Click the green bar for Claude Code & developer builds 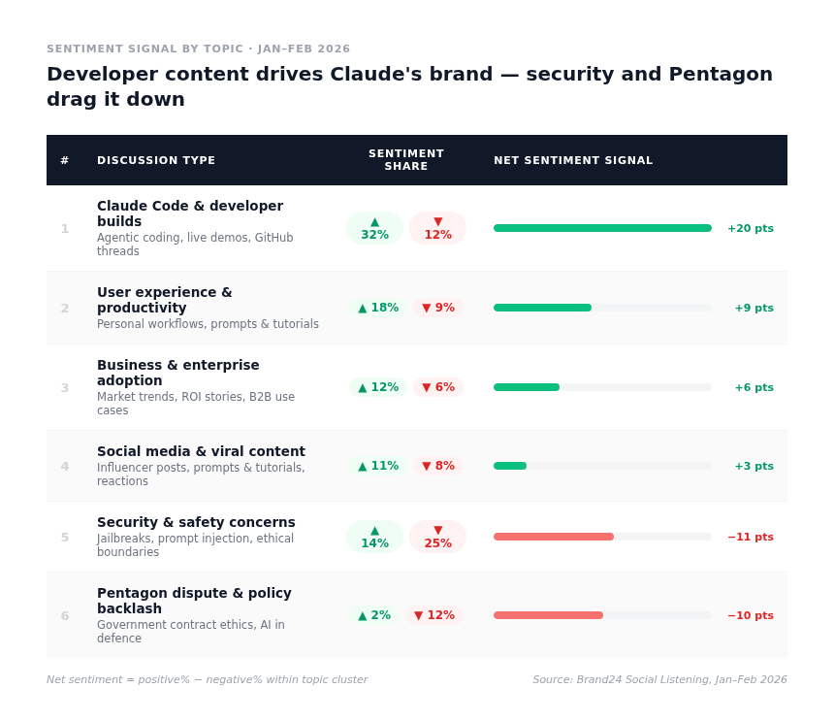(602, 228)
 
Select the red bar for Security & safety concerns (554, 537)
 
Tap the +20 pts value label (750, 229)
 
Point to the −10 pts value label (750, 616)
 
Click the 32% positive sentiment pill (374, 228)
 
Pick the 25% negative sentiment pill (437, 537)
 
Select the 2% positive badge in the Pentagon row (374, 615)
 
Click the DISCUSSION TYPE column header (156, 161)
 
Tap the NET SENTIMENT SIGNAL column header (573, 161)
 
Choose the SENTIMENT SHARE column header (406, 160)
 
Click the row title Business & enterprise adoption (178, 373)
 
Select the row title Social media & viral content (201, 451)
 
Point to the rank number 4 (65, 467)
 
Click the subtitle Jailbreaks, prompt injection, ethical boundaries (195, 545)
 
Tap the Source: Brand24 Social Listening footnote (659, 680)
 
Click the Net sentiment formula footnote (207, 680)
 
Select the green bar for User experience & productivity (542, 308)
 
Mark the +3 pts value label (754, 467)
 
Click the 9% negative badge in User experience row (438, 308)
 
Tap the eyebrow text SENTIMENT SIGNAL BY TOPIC (198, 49)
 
